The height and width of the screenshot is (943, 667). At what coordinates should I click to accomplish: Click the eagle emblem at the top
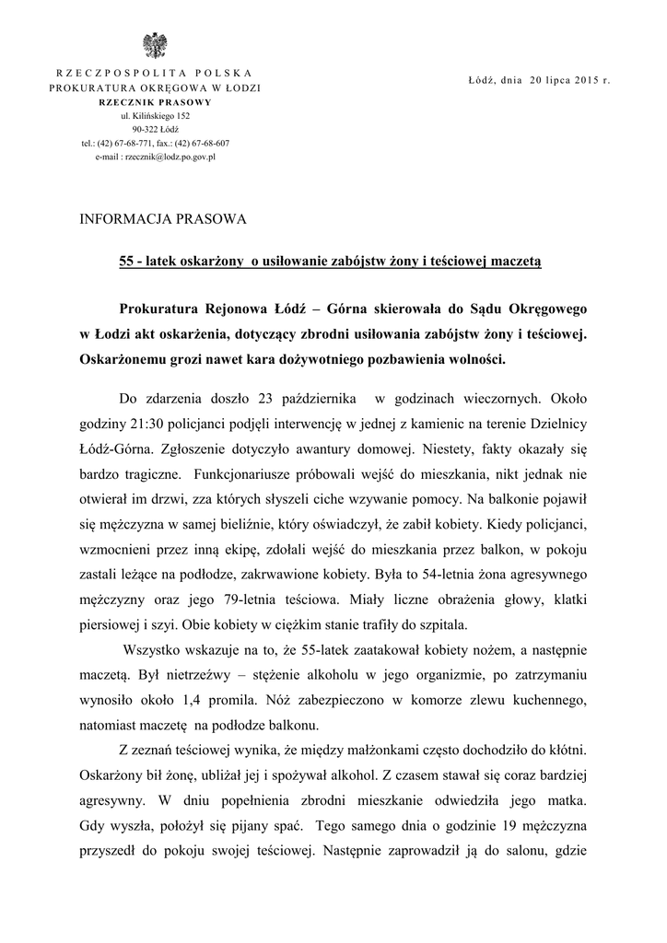pos(154,46)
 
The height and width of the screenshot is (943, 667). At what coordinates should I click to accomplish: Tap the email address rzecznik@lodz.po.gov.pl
pos(155,157)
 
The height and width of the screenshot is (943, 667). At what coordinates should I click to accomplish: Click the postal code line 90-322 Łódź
pos(155,130)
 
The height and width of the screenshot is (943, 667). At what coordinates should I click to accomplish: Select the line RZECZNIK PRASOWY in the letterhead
pos(155,101)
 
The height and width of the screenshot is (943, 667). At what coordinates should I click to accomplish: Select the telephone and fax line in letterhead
pos(155,144)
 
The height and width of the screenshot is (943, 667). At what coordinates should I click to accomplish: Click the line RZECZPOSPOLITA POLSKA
pos(155,73)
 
